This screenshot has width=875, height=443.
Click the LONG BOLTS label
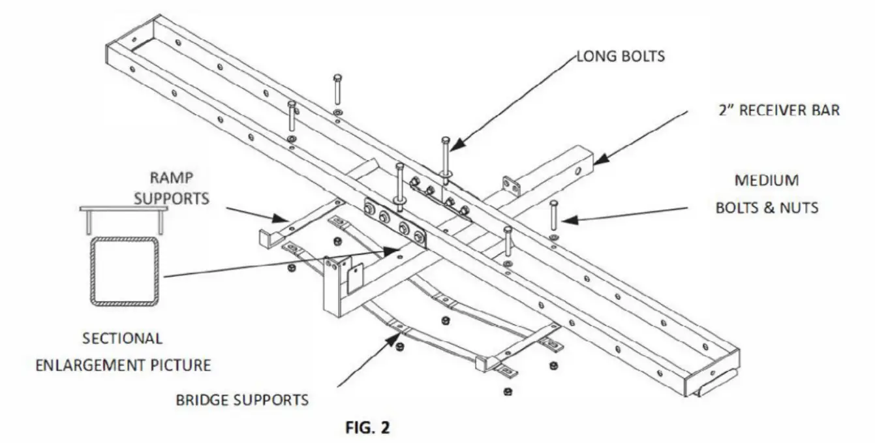621,56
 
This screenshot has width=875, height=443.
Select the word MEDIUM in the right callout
767,180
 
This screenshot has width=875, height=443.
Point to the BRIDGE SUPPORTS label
242,399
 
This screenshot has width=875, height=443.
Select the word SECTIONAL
122,339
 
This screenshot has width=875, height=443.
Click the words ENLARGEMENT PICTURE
123,364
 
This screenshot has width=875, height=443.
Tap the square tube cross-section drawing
125,271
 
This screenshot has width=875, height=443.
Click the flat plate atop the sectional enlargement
124,209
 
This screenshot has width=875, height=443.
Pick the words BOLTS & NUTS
767,208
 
